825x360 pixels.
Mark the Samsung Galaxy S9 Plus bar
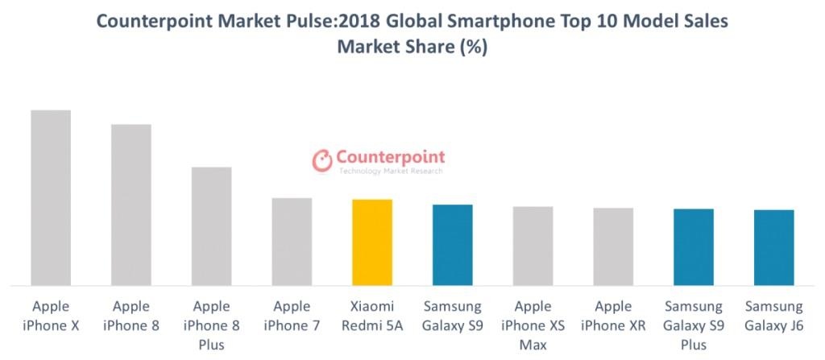(694, 247)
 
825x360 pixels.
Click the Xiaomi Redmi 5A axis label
(372, 315)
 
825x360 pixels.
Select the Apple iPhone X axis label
(51, 315)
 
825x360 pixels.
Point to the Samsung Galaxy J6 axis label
(774, 315)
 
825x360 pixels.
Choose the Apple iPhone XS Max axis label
(533, 325)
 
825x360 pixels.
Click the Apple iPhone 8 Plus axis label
(211, 325)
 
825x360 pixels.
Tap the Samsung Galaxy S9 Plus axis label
(694, 325)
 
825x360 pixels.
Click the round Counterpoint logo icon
(322, 160)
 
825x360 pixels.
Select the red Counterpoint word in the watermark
(390, 156)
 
